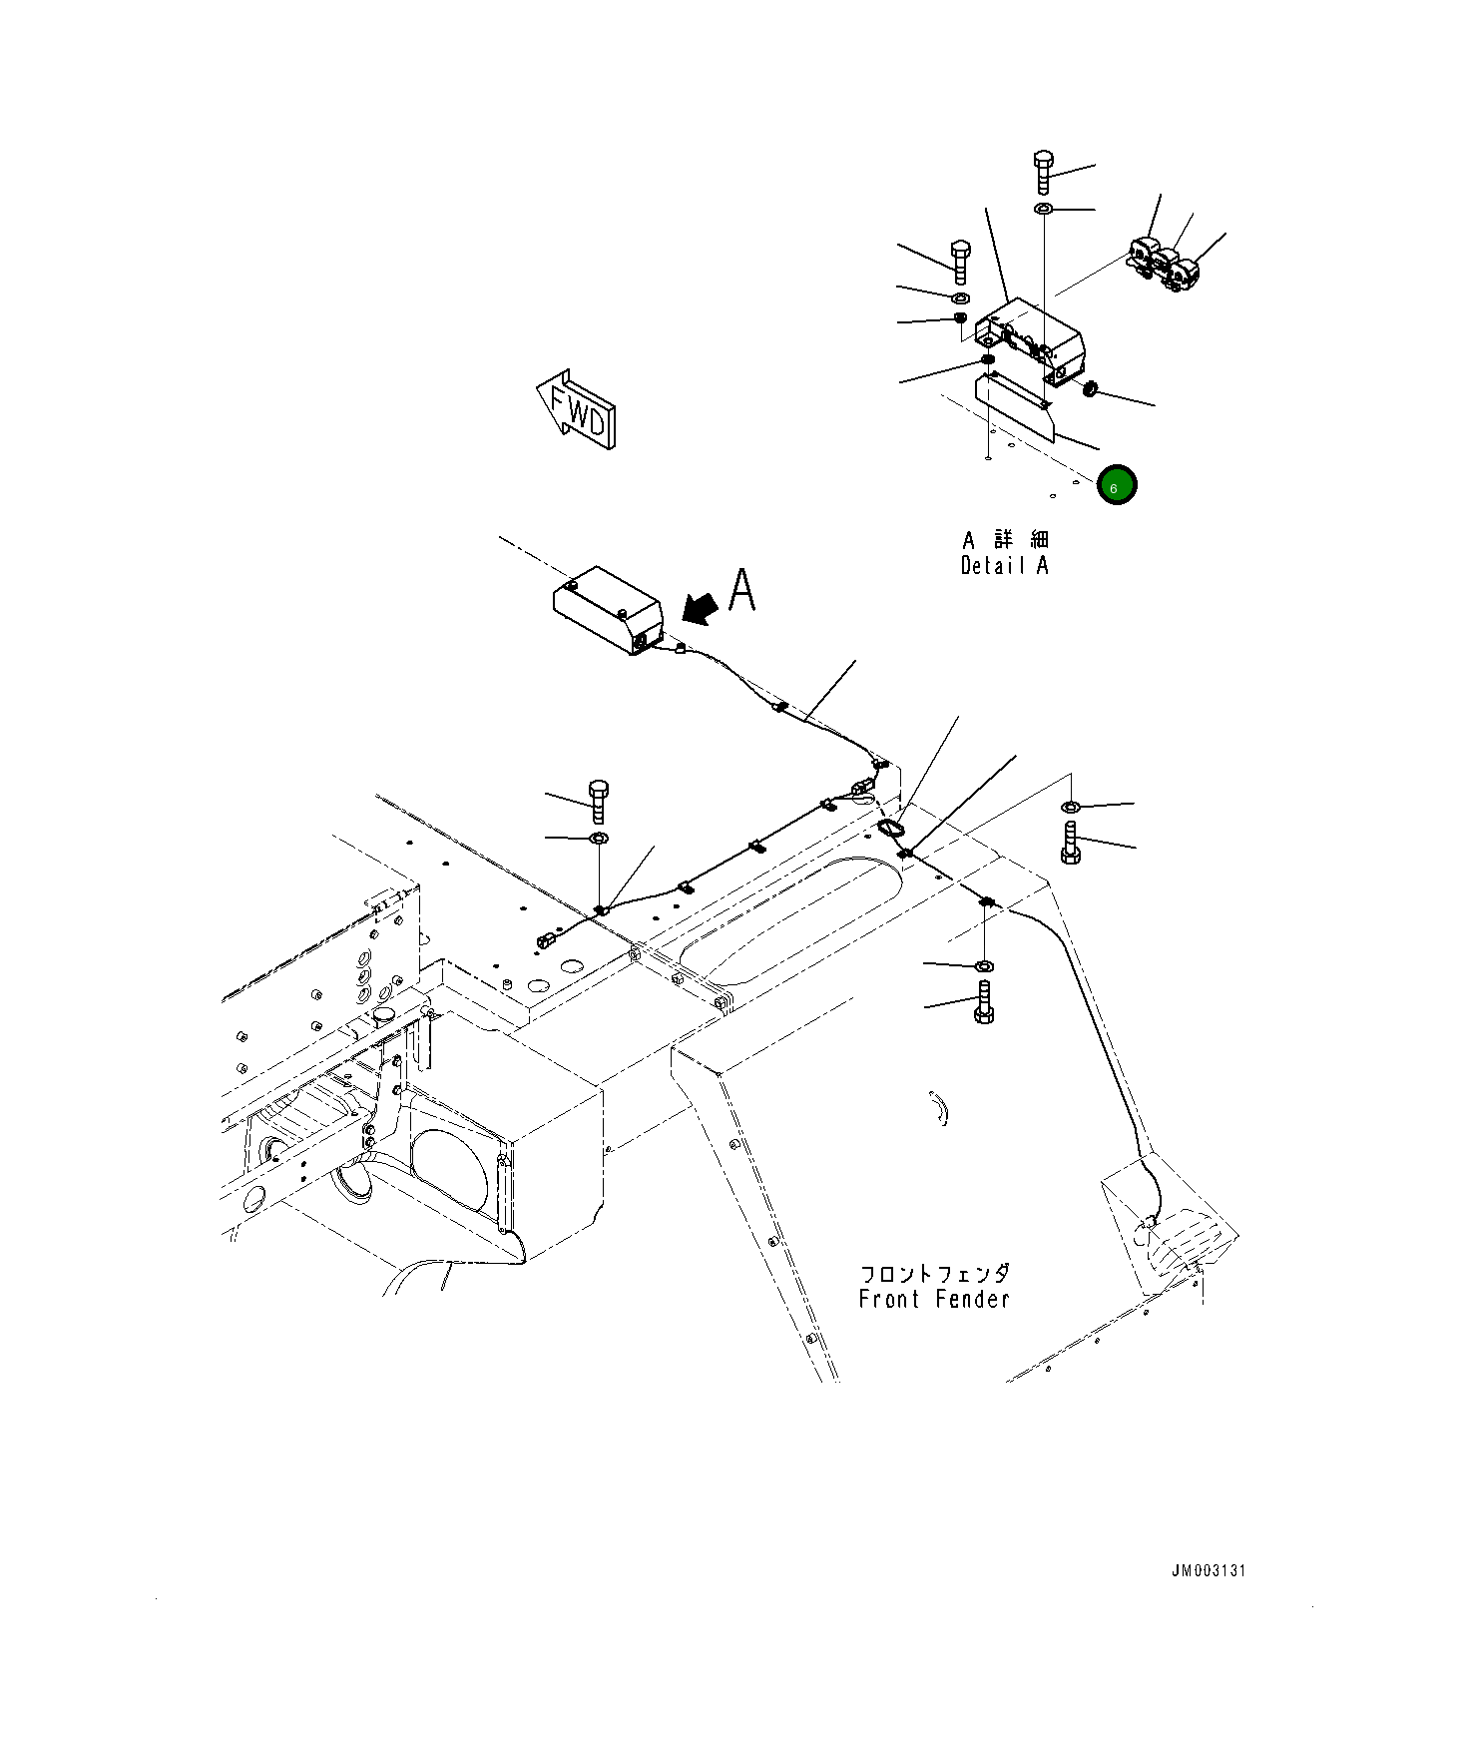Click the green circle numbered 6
(1116, 486)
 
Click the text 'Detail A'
(1004, 566)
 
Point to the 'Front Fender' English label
(934, 1299)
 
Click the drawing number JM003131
(1209, 1571)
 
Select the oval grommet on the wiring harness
(891, 828)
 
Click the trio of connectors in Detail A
(1163, 264)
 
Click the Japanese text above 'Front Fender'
(934, 1274)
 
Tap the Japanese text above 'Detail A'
(1005, 540)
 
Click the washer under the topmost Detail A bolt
(1043, 209)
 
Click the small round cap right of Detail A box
(1090, 387)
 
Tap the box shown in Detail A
(1030, 340)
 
